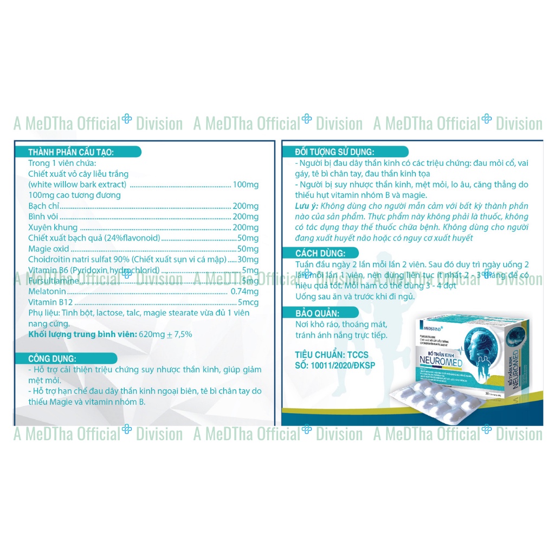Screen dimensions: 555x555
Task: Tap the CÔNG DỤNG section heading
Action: pyautogui.click(x=53, y=358)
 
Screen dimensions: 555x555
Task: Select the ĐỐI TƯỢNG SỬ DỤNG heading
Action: pyautogui.click(x=334, y=152)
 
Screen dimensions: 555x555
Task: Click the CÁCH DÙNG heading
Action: pyautogui.click(x=319, y=253)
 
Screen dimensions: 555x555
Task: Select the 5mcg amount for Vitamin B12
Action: pyautogui.click(x=248, y=302)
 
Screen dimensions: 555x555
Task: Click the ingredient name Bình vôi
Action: pyautogui.click(x=44, y=216)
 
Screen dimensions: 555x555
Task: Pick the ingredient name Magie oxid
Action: pyautogui.click(x=49, y=248)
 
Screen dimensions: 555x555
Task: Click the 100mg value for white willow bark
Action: pyautogui.click(x=246, y=185)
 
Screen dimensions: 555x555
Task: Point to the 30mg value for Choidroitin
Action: pyautogui.click(x=248, y=259)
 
